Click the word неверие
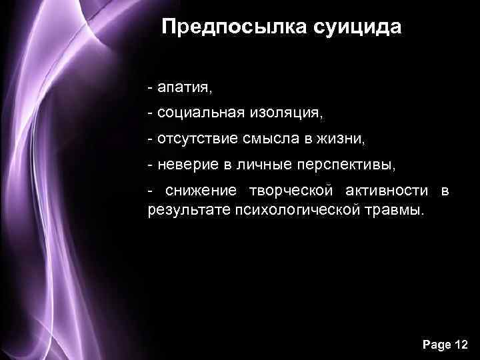(183, 165)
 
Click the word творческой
(291, 191)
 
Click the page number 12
(459, 345)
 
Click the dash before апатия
(151, 87)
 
